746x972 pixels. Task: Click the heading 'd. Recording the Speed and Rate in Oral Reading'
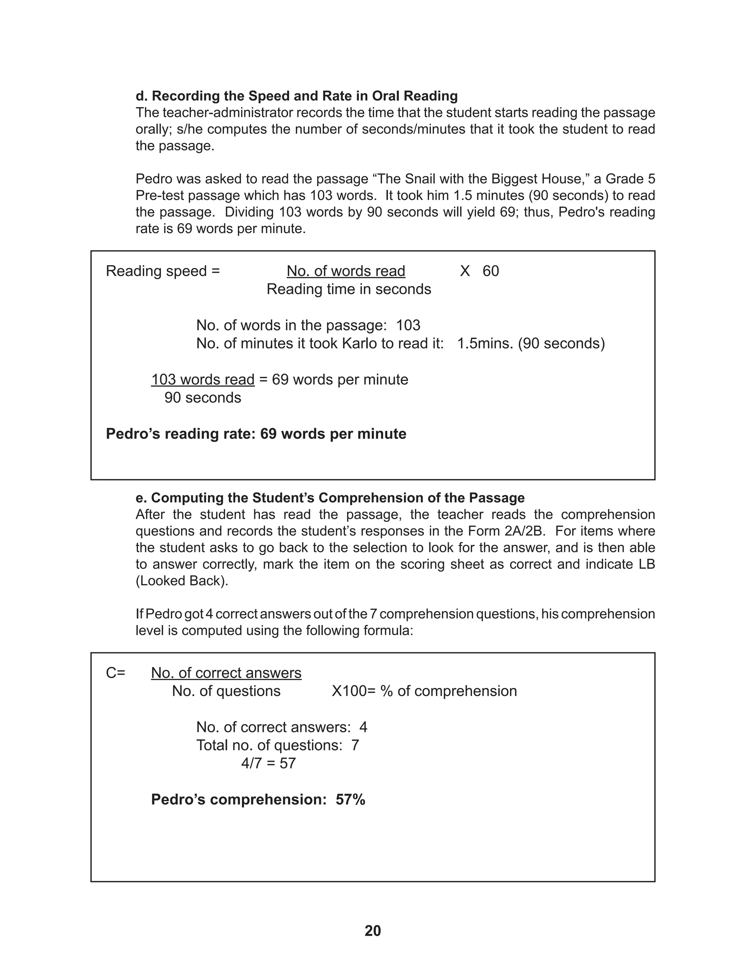click(x=297, y=96)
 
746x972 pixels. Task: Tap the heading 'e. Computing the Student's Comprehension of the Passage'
click(x=330, y=497)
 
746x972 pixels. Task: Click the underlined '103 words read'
click(x=203, y=379)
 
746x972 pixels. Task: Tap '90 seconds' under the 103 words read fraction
click(x=203, y=397)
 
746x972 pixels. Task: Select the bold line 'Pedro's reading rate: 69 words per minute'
click(x=256, y=434)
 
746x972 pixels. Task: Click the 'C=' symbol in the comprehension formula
click(x=115, y=673)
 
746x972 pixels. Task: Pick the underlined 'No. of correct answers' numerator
click(x=226, y=673)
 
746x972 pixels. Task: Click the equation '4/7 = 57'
click(x=268, y=763)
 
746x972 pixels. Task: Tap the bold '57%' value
click(x=350, y=799)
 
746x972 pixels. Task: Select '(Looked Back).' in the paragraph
click(x=182, y=581)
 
